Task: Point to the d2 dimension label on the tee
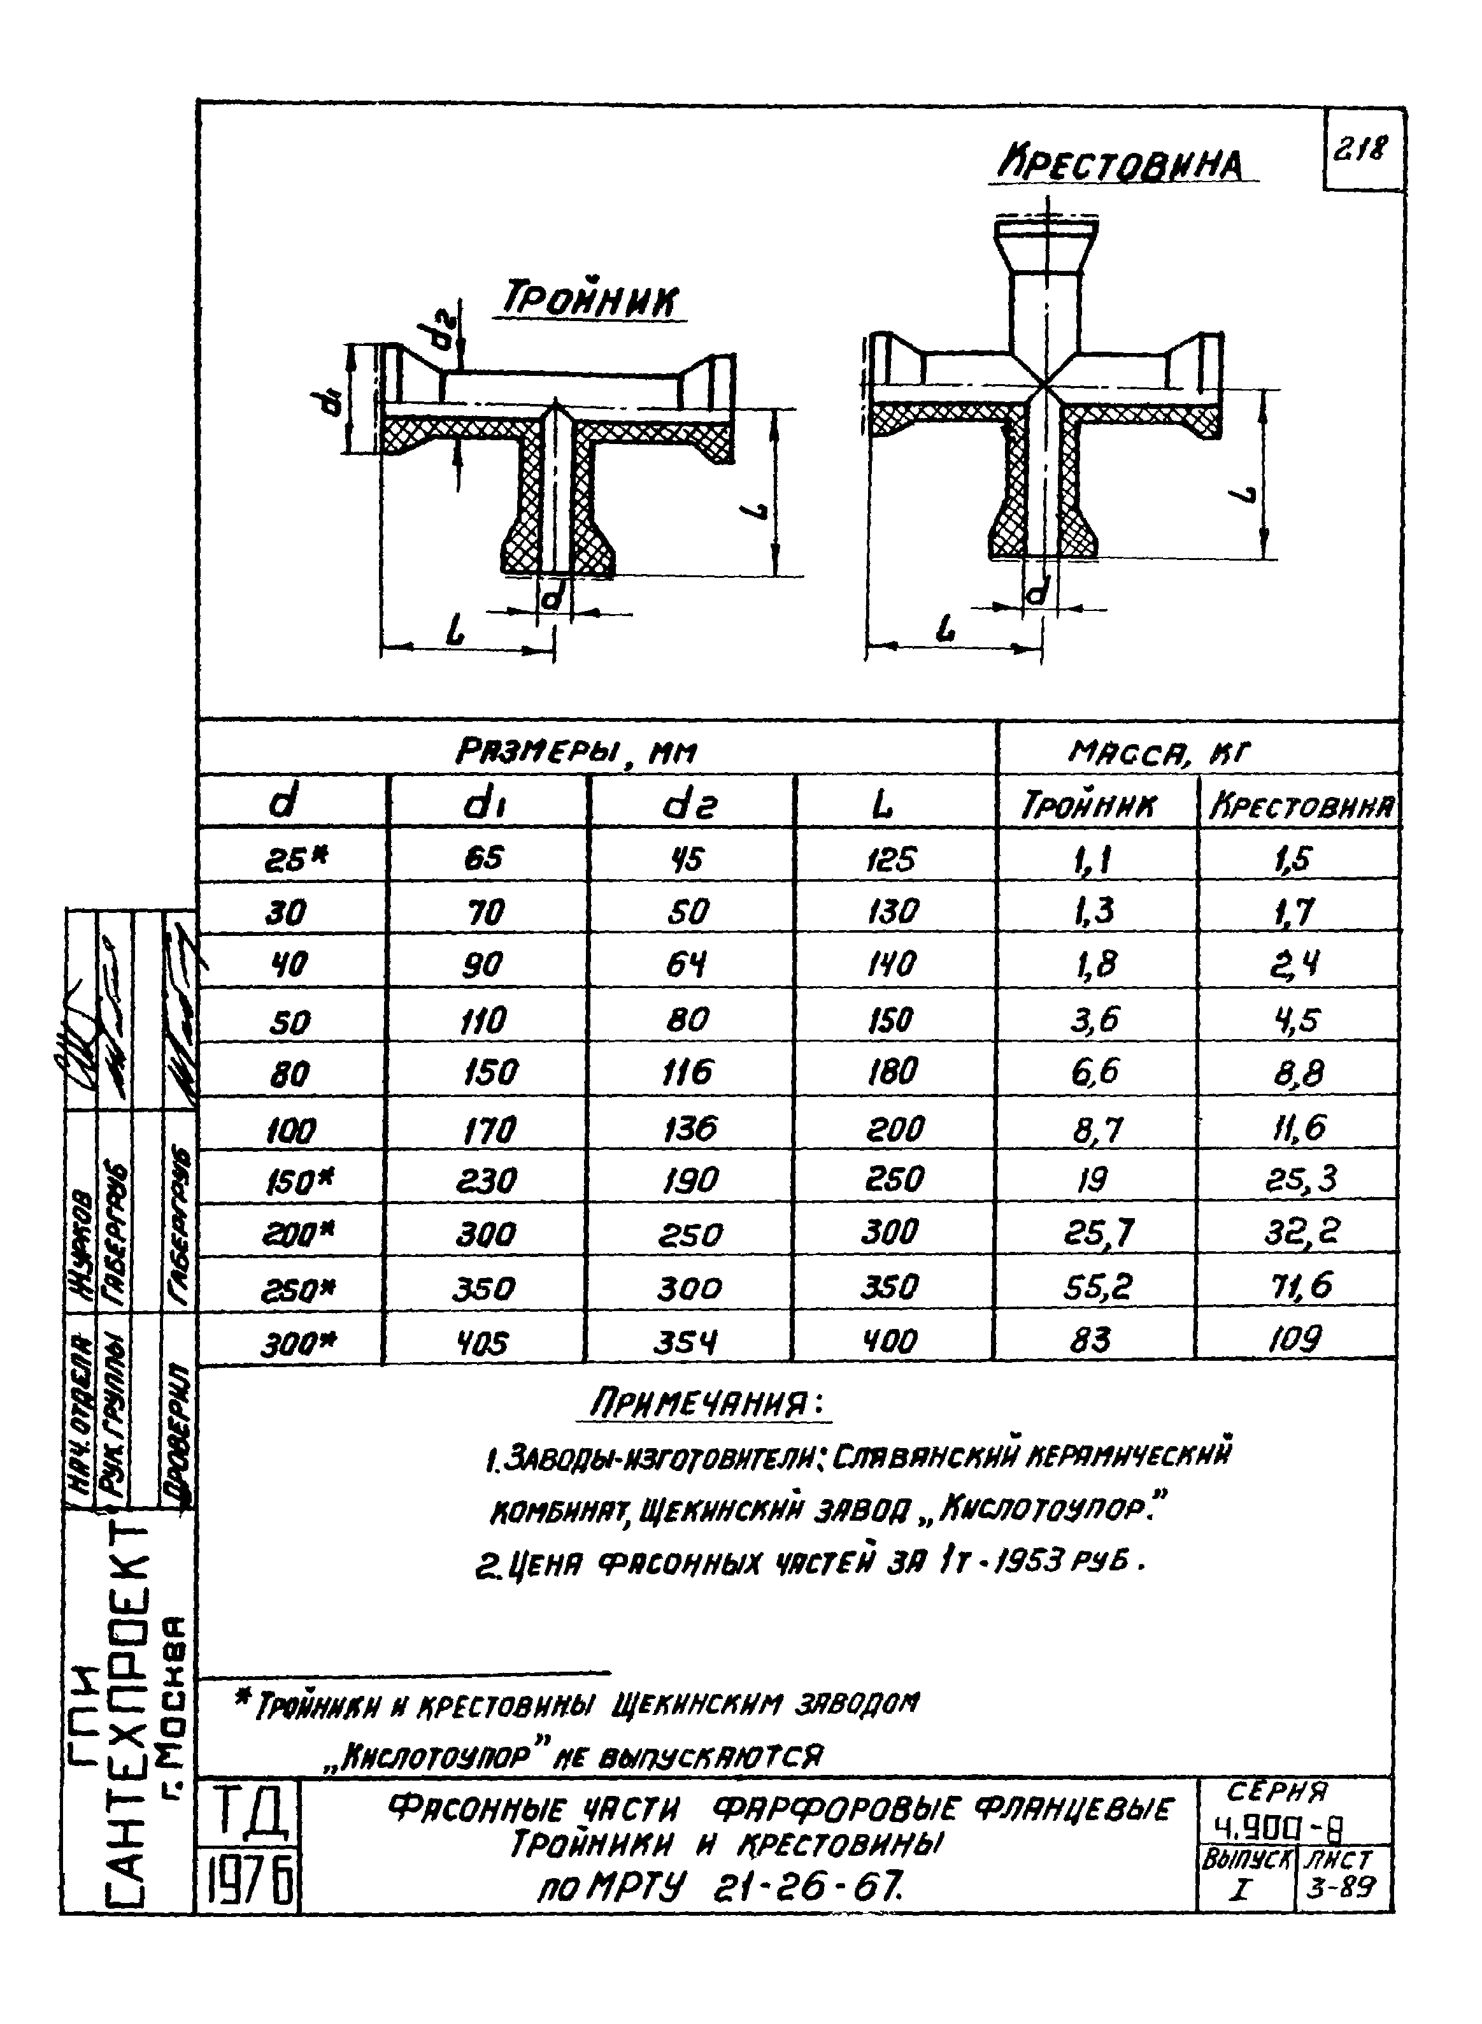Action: (441, 334)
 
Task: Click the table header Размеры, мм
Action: (577, 751)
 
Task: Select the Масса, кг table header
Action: (1157, 751)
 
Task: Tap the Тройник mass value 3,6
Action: (1094, 1019)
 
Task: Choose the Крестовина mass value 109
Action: (1295, 1340)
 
